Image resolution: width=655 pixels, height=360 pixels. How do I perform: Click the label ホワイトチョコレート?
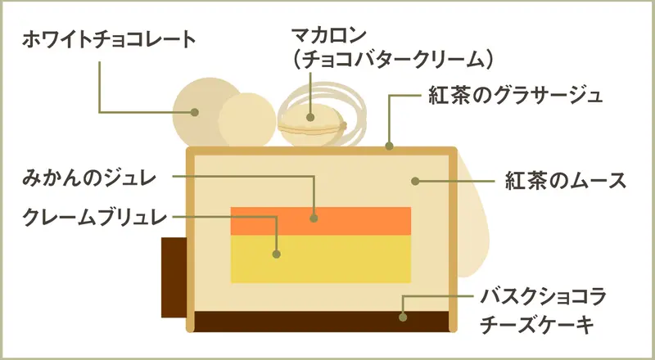click(109, 41)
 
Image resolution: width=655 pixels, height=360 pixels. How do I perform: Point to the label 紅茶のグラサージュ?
click(516, 96)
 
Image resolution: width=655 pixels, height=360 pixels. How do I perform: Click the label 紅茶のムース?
click(566, 182)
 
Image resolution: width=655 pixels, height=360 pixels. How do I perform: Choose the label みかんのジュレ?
click(89, 179)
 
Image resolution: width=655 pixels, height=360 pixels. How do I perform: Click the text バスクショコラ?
click(543, 298)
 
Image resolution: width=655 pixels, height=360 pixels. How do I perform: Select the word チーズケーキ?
click(537, 325)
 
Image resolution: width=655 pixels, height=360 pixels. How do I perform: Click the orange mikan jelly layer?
click(321, 221)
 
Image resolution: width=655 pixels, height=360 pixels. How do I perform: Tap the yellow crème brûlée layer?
click(321, 259)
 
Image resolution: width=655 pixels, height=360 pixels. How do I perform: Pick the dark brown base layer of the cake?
click(322, 322)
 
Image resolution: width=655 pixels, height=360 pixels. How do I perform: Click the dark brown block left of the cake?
click(174, 277)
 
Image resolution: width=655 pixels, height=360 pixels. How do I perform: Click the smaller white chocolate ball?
click(247, 119)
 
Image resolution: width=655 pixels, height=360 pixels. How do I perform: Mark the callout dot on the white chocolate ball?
click(194, 112)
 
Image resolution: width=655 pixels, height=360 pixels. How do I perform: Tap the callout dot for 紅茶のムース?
click(415, 182)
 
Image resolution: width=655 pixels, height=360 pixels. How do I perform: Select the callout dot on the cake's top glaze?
click(390, 146)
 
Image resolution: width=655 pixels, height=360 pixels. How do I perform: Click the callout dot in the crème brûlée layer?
click(276, 254)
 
